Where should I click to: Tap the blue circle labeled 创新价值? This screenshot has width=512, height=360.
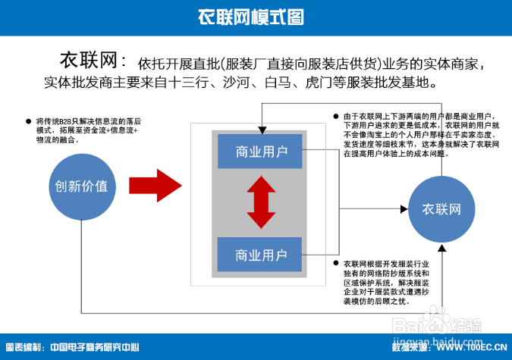80,186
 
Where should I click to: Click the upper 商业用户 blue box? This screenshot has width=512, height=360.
261,152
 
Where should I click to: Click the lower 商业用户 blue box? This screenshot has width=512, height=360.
261,254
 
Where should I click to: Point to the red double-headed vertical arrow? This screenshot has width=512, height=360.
261,202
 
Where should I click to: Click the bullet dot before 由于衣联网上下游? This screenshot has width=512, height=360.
335,116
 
